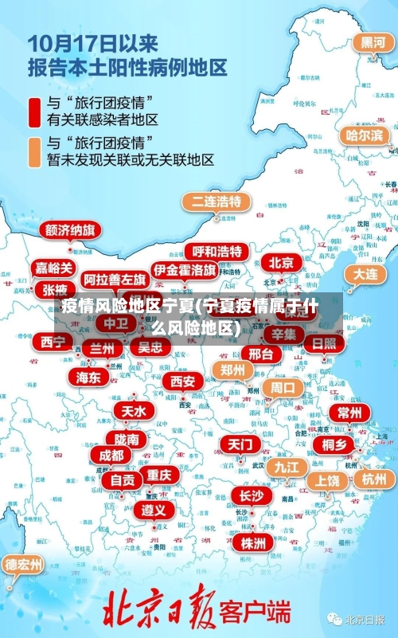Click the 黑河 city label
tap(373, 43)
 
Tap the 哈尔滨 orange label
tap(364, 135)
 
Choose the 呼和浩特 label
tap(217, 252)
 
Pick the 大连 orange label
tap(365, 273)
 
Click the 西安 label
tap(182, 382)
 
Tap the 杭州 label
tap(373, 479)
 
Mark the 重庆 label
tap(159, 475)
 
